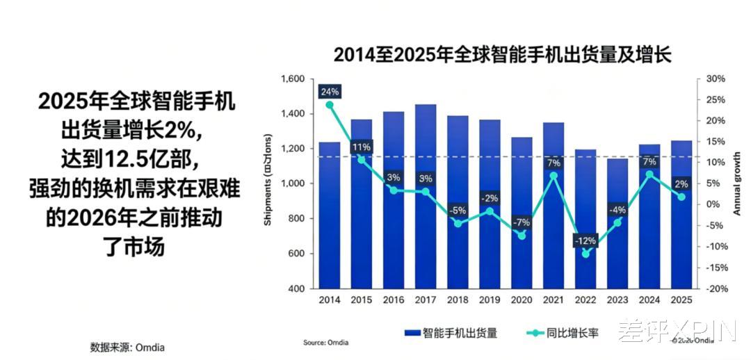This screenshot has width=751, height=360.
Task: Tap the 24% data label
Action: click(330, 92)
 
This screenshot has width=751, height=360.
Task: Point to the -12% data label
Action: click(585, 240)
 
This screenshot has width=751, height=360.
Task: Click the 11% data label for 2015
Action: click(361, 147)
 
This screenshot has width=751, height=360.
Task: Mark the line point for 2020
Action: click(522, 236)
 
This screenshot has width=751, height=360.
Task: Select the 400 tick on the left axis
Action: click(297, 288)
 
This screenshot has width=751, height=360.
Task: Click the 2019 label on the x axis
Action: click(490, 301)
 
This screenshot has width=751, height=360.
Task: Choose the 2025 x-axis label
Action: click(681, 301)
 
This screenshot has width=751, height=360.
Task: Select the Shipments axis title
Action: click(268, 183)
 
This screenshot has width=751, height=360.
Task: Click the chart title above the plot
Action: click(502, 55)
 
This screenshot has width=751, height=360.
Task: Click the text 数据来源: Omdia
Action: click(128, 346)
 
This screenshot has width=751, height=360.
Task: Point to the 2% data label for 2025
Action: click(681, 184)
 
